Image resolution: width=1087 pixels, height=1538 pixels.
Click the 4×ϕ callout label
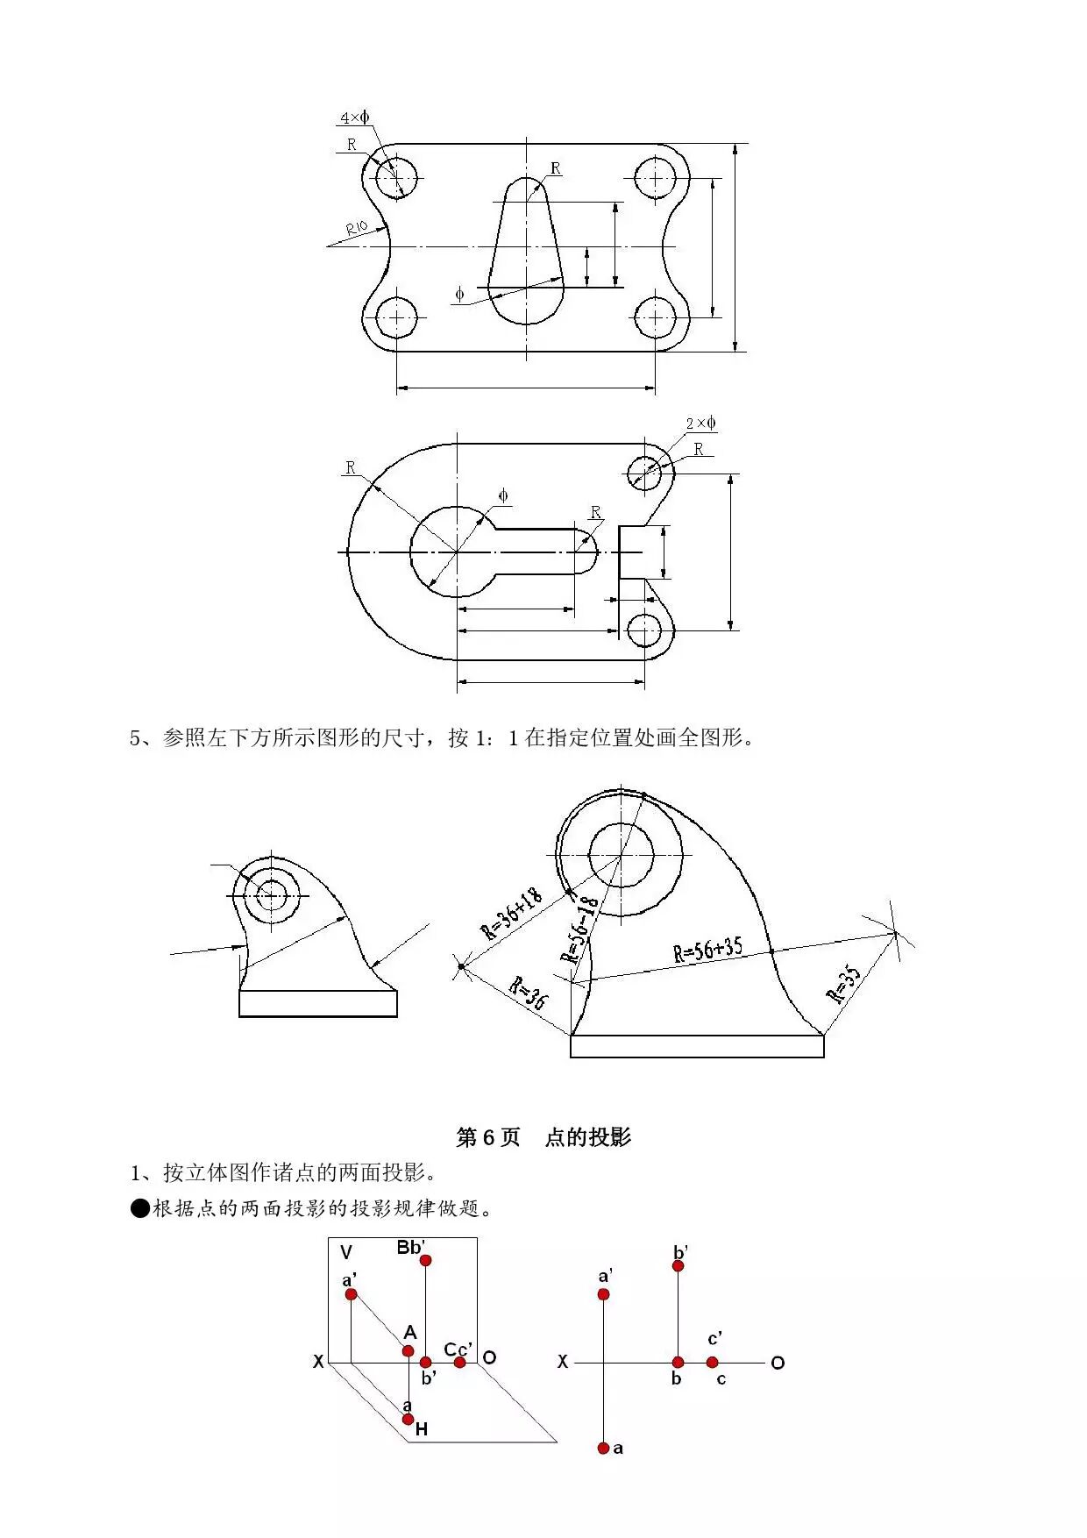tap(354, 117)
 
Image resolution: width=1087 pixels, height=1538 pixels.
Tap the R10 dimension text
tap(357, 230)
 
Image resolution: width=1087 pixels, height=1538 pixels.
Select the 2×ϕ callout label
tap(700, 424)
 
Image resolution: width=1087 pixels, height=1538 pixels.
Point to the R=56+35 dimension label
tap(707, 950)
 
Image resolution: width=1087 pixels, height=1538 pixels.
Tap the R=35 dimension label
tap(844, 984)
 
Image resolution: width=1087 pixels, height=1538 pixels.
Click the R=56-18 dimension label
tap(579, 929)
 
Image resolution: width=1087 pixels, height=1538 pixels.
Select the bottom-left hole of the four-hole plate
tap(397, 317)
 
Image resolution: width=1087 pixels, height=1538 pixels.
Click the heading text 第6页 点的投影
tap(543, 1137)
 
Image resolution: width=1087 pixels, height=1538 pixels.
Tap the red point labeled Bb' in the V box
tap(425, 1260)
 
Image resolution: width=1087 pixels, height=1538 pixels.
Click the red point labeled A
tap(408, 1350)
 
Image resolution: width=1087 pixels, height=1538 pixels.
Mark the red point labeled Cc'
tap(459, 1362)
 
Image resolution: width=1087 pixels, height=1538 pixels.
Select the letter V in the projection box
tap(346, 1252)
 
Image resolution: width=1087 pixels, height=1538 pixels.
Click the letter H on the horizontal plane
tap(422, 1429)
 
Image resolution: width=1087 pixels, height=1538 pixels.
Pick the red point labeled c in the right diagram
tap(713, 1362)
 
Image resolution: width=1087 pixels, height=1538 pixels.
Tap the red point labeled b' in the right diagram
tap(678, 1266)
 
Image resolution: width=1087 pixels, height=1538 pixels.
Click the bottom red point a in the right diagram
tap(603, 1448)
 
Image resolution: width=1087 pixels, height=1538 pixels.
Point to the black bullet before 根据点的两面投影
tap(140, 1208)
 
